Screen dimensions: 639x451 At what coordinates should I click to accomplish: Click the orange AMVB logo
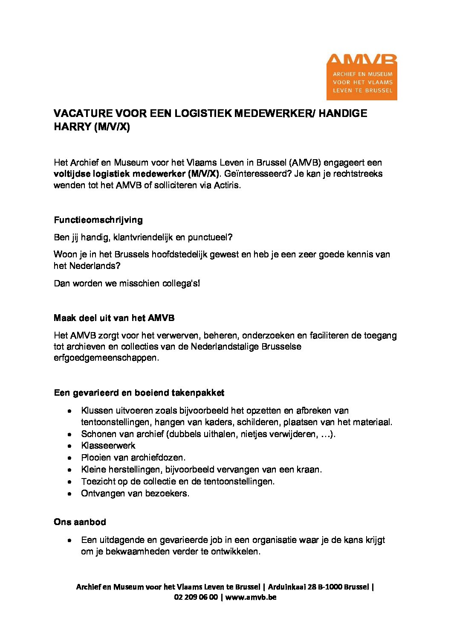[x=361, y=77]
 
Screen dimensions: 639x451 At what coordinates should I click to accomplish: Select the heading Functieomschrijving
[x=98, y=220]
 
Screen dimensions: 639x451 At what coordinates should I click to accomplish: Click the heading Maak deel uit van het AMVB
[x=114, y=318]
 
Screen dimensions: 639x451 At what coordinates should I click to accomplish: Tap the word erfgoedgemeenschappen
[x=106, y=358]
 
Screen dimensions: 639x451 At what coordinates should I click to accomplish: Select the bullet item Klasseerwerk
[x=108, y=446]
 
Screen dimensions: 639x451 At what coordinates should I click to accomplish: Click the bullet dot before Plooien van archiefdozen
[x=69, y=458]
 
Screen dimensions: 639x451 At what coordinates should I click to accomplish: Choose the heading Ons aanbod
[x=80, y=522]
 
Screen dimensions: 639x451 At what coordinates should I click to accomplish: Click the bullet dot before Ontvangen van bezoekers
[x=69, y=494]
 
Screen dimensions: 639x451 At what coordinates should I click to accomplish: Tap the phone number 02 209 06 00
[x=196, y=597]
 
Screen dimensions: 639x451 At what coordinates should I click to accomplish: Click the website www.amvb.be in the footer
[x=251, y=597]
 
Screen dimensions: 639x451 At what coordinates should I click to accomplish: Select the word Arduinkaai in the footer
[x=286, y=587]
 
